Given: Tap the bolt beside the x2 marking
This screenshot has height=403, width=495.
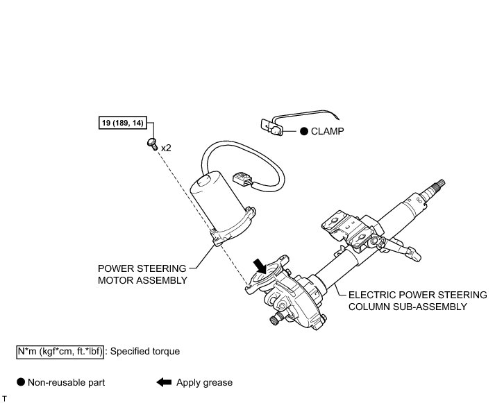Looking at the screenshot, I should (151, 144).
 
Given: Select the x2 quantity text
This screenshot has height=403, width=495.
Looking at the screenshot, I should (166, 148).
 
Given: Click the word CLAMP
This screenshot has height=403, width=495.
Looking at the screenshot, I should (327, 130).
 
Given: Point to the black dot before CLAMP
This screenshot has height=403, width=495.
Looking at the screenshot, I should (303, 130).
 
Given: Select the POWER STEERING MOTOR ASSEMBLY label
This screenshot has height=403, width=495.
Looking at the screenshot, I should (142, 274).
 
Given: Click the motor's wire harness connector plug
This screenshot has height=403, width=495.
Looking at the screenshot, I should (242, 181).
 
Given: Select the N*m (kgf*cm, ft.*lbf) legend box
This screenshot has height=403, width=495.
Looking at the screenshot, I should (60, 352).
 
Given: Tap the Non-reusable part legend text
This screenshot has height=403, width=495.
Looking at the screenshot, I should (67, 382).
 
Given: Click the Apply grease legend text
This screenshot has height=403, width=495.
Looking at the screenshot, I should (205, 382).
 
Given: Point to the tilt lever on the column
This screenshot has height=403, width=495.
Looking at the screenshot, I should (401, 246).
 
